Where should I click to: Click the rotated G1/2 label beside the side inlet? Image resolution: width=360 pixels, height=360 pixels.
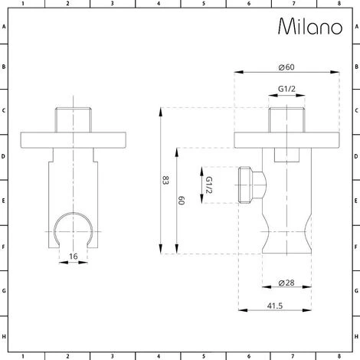[209, 185]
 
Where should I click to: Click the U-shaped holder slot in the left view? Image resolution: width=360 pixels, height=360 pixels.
[74, 224]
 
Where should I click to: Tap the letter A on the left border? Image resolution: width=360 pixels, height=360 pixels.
[4, 25]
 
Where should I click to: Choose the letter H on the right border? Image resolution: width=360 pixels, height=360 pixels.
[356, 336]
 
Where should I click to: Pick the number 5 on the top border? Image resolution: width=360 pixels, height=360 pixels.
[203, 4]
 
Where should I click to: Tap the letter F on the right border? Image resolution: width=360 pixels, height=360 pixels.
[356, 247]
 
